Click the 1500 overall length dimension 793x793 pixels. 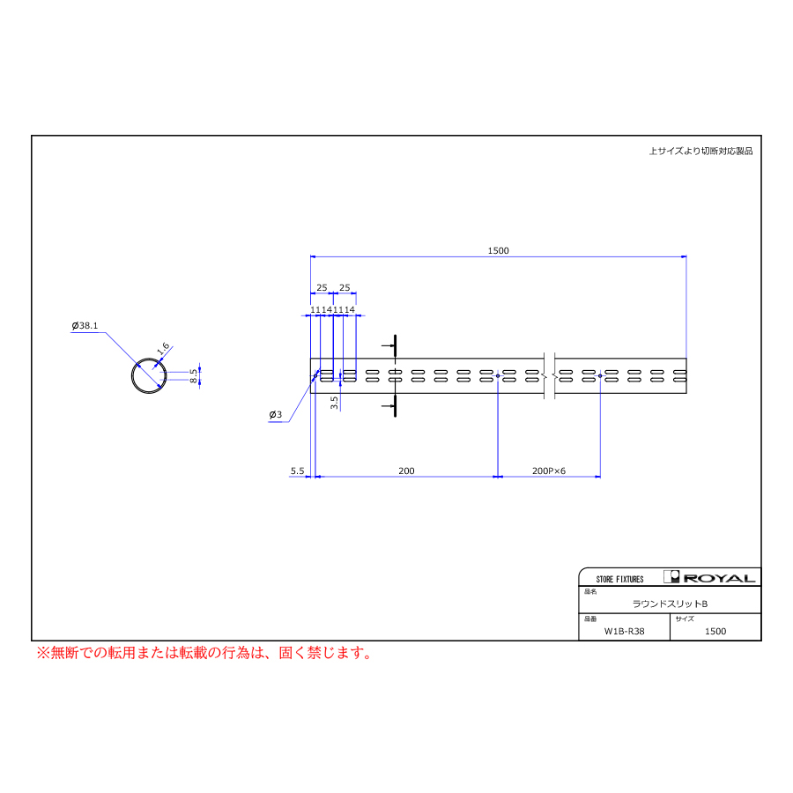[498, 251]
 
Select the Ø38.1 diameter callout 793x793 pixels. [85, 326]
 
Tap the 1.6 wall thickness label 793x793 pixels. [163, 348]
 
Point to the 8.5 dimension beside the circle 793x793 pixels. [193, 375]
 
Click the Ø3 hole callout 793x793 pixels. [276, 415]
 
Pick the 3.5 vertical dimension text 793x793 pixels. [334, 403]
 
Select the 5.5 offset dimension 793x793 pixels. [298, 471]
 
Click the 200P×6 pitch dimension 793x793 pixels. [549, 471]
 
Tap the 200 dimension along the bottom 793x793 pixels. [406, 471]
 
